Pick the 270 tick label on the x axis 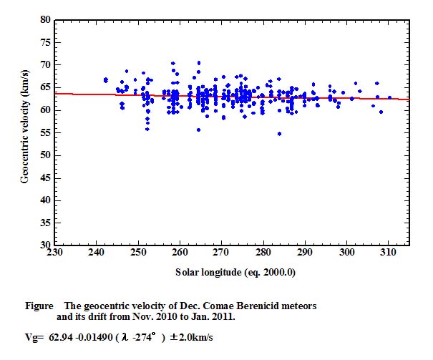(x=221, y=253)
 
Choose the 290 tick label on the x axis (x=305, y=253)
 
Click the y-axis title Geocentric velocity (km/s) (x=24, y=133)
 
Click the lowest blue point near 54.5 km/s (x=279, y=134)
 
